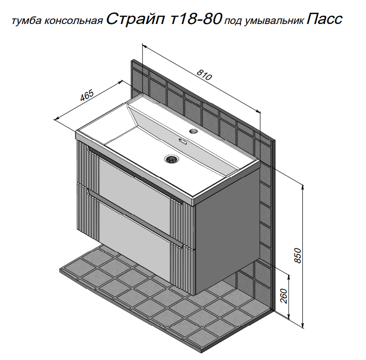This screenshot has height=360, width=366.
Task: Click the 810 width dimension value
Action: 204,74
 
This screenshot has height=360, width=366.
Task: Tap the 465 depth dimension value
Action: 87,95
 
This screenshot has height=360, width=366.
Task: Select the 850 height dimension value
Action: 298,256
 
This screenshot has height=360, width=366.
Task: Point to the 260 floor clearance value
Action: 284,296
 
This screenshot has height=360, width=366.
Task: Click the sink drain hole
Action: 171,159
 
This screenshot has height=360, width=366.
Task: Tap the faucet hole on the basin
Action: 193,131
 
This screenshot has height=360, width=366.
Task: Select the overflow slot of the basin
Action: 183,142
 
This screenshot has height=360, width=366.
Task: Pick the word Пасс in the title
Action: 324,19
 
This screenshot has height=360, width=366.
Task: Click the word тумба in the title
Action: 26,21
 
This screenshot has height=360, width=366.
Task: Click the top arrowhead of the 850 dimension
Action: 303,187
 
